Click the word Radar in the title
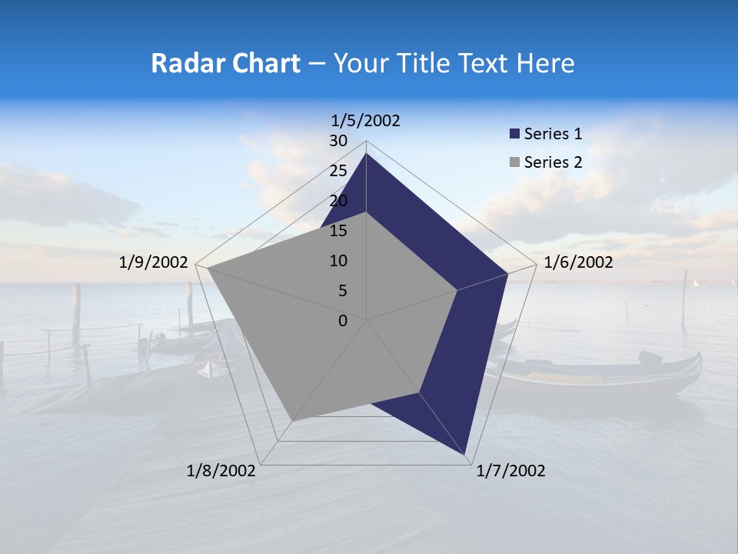pyautogui.click(x=181, y=63)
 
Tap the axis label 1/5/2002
pyautogui.click(x=365, y=120)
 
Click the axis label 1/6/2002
pyautogui.click(x=578, y=262)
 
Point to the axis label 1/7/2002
pyautogui.click(x=510, y=471)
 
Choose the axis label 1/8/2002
pyautogui.click(x=221, y=471)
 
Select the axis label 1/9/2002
pyautogui.click(x=154, y=262)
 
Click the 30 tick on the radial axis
pyautogui.click(x=338, y=141)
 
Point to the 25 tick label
pyautogui.click(x=338, y=171)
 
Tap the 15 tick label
pyautogui.click(x=338, y=231)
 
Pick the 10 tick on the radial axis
pyautogui.click(x=338, y=261)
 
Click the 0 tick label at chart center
pyautogui.click(x=343, y=320)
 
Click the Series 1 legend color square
pyautogui.click(x=514, y=135)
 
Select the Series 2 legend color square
pyautogui.click(x=514, y=162)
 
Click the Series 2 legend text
pyautogui.click(x=553, y=162)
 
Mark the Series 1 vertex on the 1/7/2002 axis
pyautogui.click(x=466, y=455)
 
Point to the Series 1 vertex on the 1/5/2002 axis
pyautogui.click(x=367, y=154)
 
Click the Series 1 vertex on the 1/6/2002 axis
pyautogui.click(x=507, y=274)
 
